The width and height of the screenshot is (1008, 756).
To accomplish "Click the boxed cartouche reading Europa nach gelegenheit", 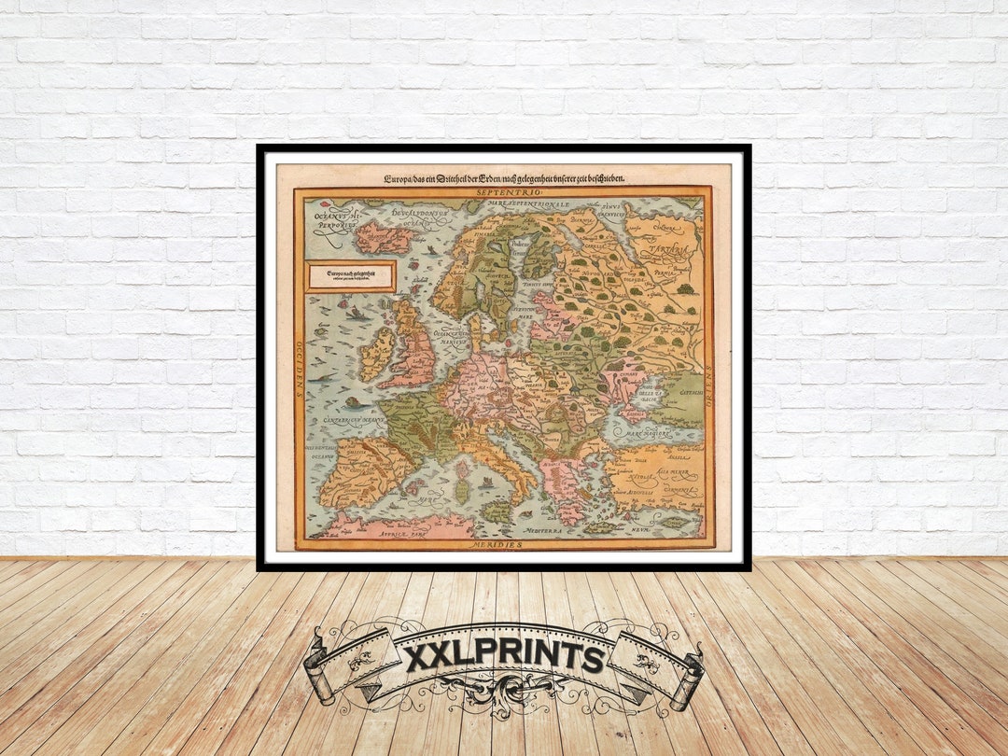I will [x=350, y=276].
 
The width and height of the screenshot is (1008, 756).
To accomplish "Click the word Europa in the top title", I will [x=399, y=177].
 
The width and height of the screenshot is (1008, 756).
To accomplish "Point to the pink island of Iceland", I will [x=383, y=237].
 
